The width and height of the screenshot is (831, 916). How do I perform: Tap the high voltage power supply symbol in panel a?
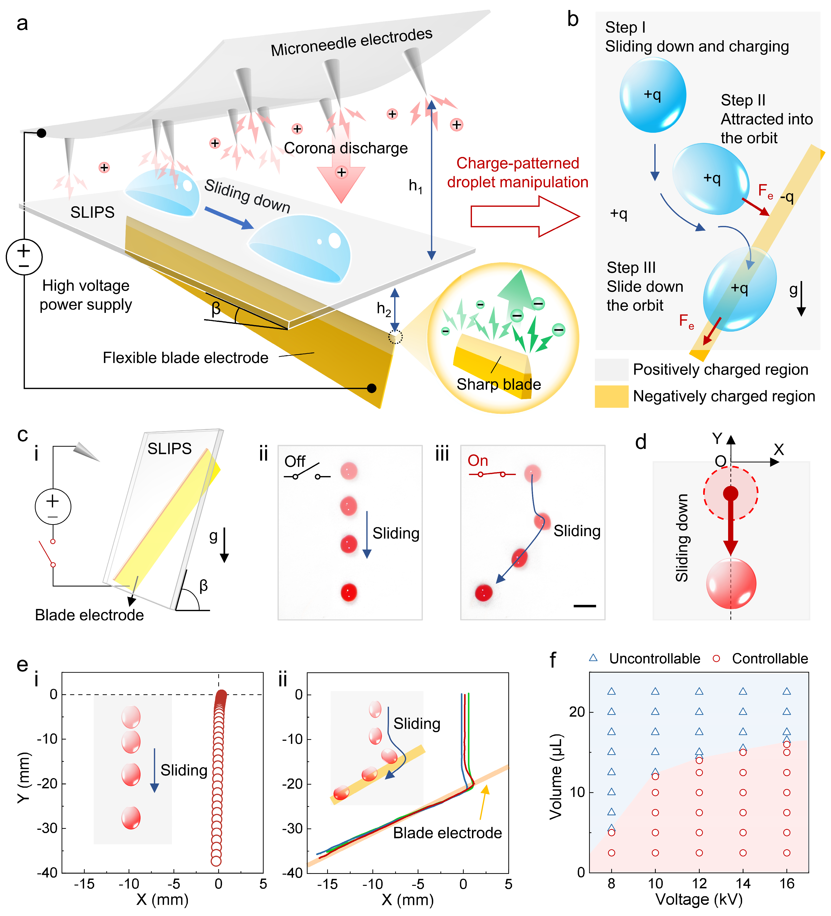point(24,257)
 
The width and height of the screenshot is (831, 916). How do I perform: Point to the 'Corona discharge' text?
point(346,148)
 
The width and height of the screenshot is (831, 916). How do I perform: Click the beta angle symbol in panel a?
point(216,308)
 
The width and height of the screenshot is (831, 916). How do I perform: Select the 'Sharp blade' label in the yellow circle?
point(499,384)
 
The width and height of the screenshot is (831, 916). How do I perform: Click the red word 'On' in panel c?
point(478,461)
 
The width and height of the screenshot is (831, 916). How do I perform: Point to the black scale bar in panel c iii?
point(585,606)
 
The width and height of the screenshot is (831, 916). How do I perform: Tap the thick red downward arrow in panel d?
point(731,527)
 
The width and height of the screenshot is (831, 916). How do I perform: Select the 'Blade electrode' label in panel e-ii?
point(447,833)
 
